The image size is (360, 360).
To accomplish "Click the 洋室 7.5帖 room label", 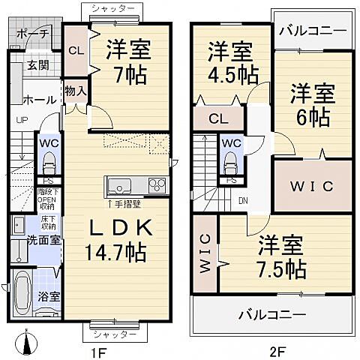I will pyautogui.click(x=281, y=256).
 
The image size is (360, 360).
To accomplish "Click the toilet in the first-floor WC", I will pyautogui.click(x=49, y=162).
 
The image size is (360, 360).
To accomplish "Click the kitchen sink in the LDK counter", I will pyautogui.click(x=120, y=185).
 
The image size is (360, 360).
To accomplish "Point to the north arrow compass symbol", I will pyautogui.click(x=29, y=344).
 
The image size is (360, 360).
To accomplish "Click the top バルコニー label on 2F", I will pyautogui.click(x=313, y=31).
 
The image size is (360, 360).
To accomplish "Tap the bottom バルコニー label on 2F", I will pyautogui.click(x=272, y=313).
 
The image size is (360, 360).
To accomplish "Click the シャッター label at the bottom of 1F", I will pyautogui.click(x=114, y=332).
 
